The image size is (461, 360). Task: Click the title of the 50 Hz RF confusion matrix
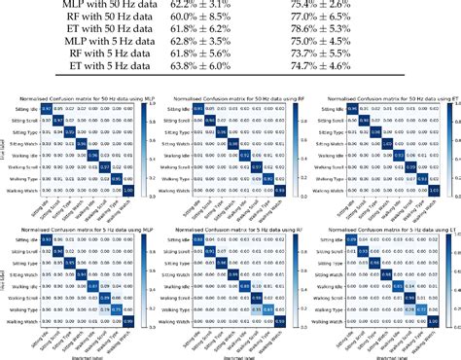click(231, 100)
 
